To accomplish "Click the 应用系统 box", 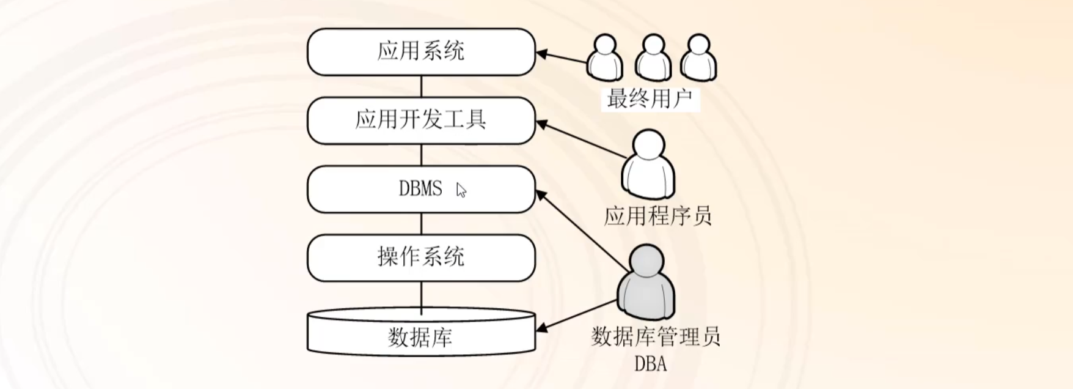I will pyautogui.click(x=421, y=51).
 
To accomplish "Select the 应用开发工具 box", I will pyautogui.click(x=421, y=120).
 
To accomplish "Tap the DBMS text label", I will pyautogui.click(x=420, y=188).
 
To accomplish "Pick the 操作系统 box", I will pyautogui.click(x=421, y=257).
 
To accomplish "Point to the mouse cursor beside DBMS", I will pyautogui.click(x=461, y=190).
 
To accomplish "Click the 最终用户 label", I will pyautogui.click(x=650, y=98).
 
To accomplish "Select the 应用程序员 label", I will pyautogui.click(x=657, y=216).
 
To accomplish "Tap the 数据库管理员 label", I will pyautogui.click(x=656, y=336).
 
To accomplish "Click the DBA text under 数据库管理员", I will pyautogui.click(x=650, y=364).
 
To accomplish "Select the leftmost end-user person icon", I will pyautogui.click(x=604, y=57).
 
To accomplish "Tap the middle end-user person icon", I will pyautogui.click(x=653, y=57).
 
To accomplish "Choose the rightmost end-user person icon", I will pyautogui.click(x=698, y=57).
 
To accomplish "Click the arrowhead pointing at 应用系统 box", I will pyautogui.click(x=541, y=54).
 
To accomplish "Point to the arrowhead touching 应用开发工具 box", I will pyautogui.click(x=541, y=124).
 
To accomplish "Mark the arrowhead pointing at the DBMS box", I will pyautogui.click(x=540, y=195).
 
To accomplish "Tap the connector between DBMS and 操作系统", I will pyautogui.click(x=421, y=224).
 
